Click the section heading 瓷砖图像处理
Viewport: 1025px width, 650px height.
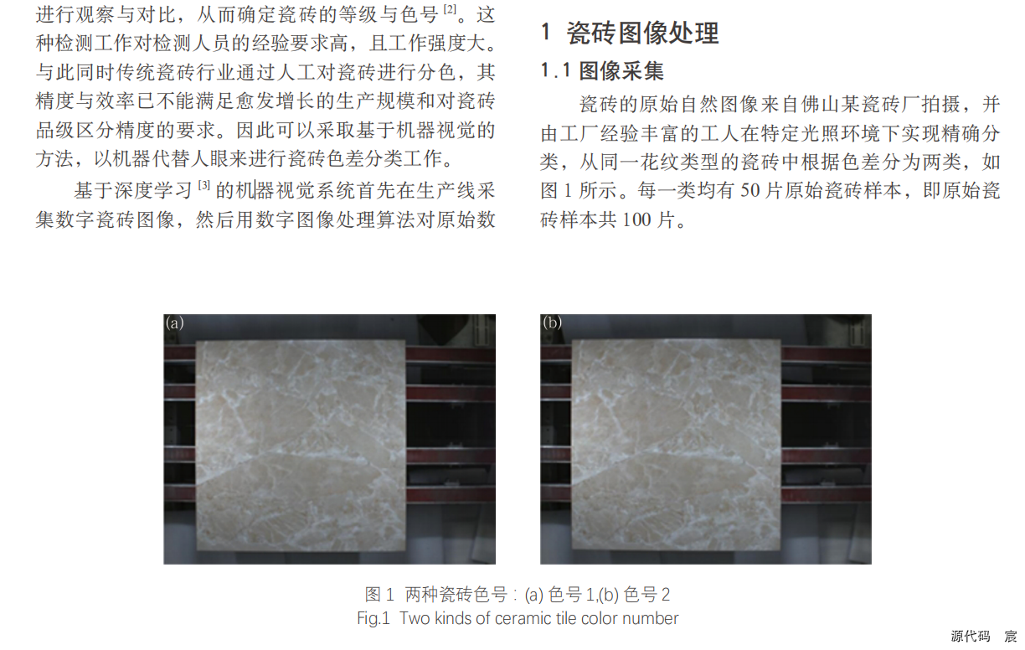coord(643,34)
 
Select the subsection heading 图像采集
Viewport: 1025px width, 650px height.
coord(621,71)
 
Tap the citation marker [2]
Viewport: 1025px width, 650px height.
coord(450,9)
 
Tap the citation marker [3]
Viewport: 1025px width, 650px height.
coord(204,185)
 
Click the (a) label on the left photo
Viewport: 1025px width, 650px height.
coord(175,323)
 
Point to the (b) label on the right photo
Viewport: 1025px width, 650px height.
coord(553,323)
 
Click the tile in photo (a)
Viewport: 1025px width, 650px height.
coord(301,445)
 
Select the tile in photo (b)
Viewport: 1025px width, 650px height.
coord(677,445)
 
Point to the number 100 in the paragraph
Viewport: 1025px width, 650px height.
coord(636,219)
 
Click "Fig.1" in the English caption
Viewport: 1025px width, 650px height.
coord(373,618)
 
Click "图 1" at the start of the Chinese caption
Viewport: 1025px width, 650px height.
coord(379,595)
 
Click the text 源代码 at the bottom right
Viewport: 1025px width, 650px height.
coord(971,636)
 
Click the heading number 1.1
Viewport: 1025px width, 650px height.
coord(555,71)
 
